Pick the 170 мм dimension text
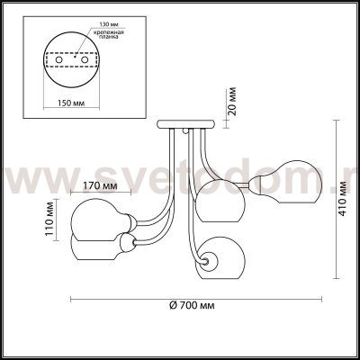point(103,186)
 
